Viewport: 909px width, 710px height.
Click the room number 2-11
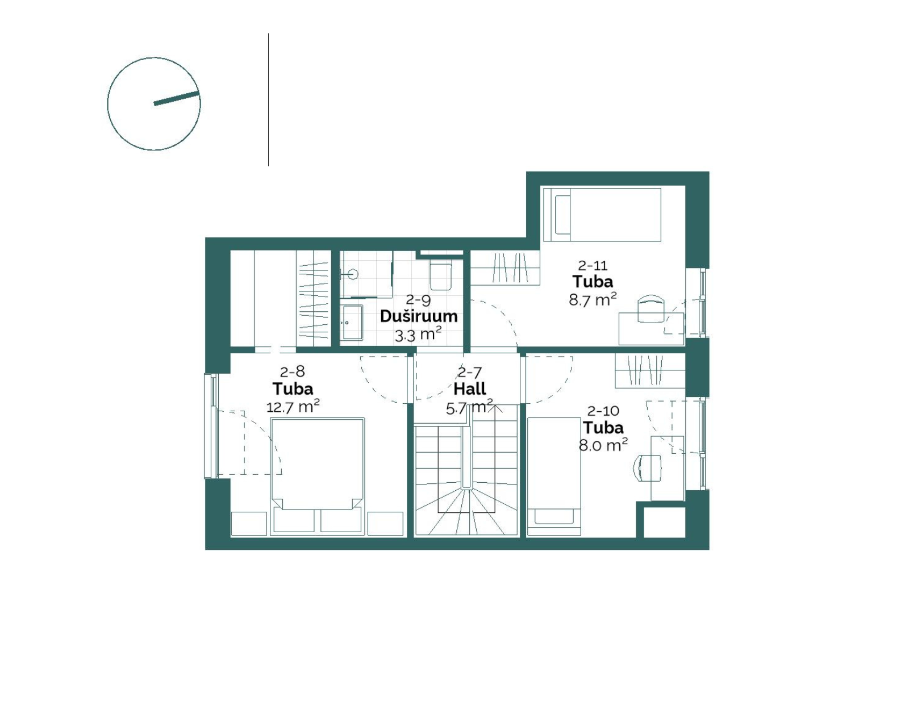(593, 265)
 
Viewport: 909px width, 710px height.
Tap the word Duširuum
(418, 316)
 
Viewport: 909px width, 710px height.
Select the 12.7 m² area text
(293, 406)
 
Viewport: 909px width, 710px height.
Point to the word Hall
(469, 389)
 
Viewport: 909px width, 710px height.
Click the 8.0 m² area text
(603, 445)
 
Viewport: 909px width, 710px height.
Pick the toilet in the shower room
(441, 276)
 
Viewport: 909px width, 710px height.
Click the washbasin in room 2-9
(351, 323)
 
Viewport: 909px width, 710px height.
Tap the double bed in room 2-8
(318, 476)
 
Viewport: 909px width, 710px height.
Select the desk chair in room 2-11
(651, 308)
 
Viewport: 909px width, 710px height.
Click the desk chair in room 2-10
(648, 468)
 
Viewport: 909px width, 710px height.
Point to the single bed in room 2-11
(602, 215)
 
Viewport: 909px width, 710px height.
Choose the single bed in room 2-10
(553, 476)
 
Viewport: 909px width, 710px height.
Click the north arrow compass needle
(176, 98)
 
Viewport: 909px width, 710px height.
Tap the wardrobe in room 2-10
(649, 370)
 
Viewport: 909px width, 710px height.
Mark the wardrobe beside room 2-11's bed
(505, 268)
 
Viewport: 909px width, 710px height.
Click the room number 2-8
(293, 371)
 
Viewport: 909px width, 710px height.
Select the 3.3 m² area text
(418, 335)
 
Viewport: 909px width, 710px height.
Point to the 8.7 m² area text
(593, 299)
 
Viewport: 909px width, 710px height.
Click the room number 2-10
(603, 411)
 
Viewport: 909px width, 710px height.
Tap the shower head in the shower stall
(354, 274)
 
